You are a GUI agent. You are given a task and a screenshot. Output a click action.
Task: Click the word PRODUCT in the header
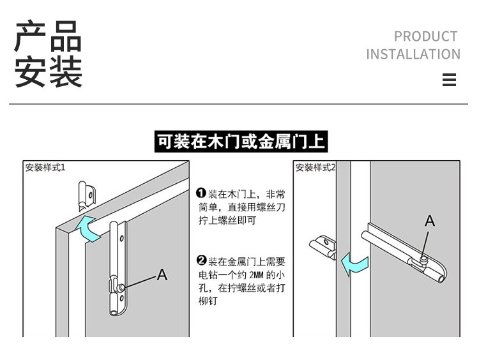pyautogui.click(x=425, y=36)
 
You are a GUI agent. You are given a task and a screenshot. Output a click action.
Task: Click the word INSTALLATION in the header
pyautogui.click(x=413, y=54)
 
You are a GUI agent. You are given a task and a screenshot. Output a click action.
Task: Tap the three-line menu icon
pyautogui.click(x=449, y=80)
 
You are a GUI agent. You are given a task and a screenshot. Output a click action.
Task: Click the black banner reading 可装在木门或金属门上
pyautogui.click(x=241, y=142)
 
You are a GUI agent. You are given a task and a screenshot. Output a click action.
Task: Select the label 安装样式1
pyautogui.click(x=45, y=168)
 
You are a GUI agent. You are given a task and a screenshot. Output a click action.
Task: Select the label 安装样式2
pyautogui.click(x=315, y=168)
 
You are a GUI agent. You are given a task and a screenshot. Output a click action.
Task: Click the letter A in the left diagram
pyautogui.click(x=162, y=274)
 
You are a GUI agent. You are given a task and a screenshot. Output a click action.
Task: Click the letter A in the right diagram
pyautogui.click(x=430, y=221)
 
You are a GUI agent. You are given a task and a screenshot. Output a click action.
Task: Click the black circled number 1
pyautogui.click(x=201, y=193)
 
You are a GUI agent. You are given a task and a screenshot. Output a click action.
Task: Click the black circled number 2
pyautogui.click(x=201, y=261)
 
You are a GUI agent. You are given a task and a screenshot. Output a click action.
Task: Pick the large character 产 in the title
pyautogui.click(x=32, y=36)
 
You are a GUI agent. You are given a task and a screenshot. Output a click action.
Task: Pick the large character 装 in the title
pyautogui.click(x=66, y=71)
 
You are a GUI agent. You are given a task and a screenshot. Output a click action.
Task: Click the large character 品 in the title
pyautogui.click(x=66, y=36)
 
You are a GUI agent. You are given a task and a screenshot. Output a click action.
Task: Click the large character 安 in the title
pyautogui.click(x=32, y=71)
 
